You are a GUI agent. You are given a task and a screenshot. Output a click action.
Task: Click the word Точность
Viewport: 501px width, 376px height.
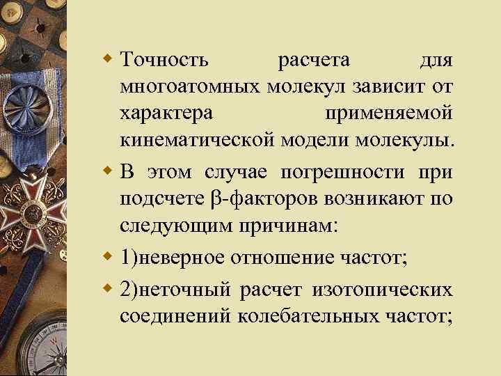pos(164,61)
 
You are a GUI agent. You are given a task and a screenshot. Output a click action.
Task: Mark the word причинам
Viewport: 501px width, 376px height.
pos(278,224)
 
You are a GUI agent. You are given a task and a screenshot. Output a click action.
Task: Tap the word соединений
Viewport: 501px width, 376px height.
pos(176,317)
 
